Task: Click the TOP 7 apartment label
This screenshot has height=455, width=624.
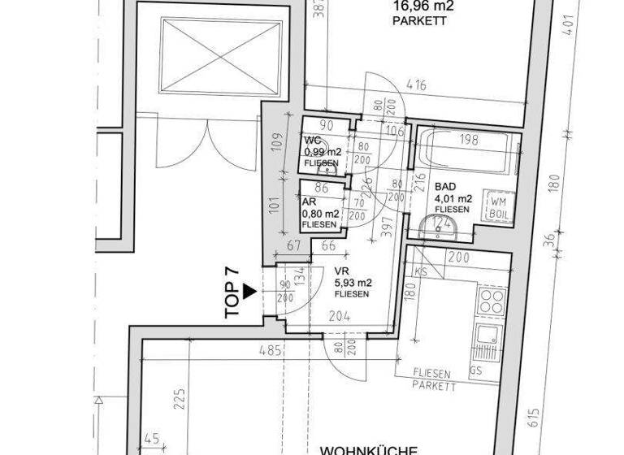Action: [232, 288]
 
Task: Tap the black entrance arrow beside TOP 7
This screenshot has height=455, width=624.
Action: [249, 288]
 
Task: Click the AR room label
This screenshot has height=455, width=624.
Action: [309, 203]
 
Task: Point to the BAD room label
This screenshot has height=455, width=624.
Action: [446, 186]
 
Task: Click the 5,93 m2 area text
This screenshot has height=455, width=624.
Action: [353, 283]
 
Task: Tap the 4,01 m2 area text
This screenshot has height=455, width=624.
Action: [453, 198]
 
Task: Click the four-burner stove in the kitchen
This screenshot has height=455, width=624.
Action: [492, 301]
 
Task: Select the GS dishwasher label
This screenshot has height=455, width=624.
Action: [474, 370]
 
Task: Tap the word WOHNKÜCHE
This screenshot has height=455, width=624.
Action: [368, 449]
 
